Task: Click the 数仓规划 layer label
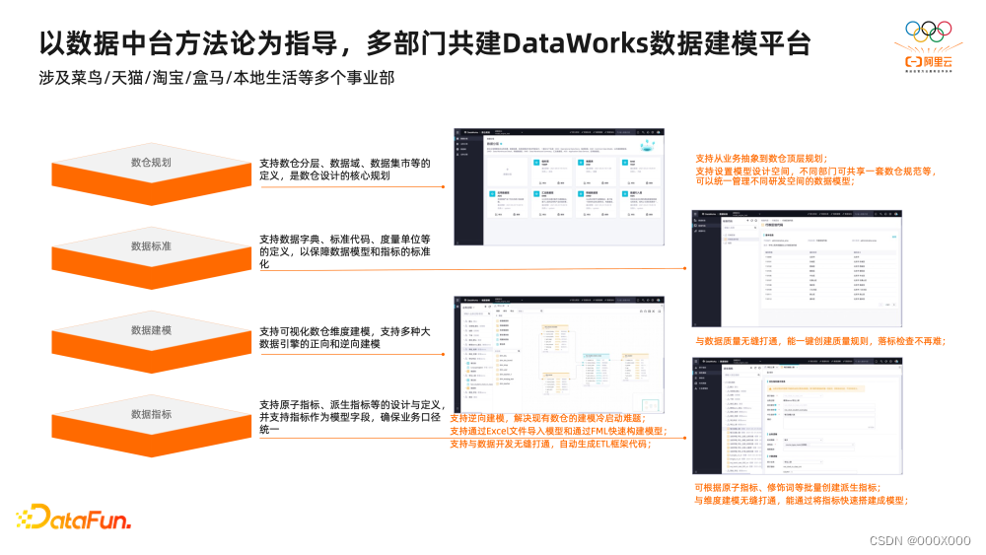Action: tap(151, 163)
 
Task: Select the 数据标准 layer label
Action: tap(151, 246)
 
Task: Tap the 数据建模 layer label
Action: tap(151, 330)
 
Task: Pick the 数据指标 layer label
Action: tap(151, 415)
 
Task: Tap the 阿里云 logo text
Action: tap(936, 59)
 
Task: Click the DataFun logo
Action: tap(73, 518)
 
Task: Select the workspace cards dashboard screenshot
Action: tap(557, 185)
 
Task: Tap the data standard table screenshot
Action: tap(797, 268)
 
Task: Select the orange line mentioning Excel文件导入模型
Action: tap(558, 431)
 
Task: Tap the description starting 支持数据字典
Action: tap(345, 251)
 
